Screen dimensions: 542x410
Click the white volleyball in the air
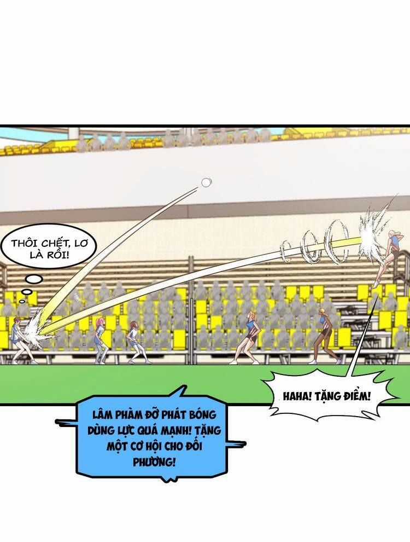[206, 182]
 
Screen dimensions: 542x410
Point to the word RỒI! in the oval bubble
[56, 256]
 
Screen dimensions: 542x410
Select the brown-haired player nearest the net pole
[134, 342]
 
